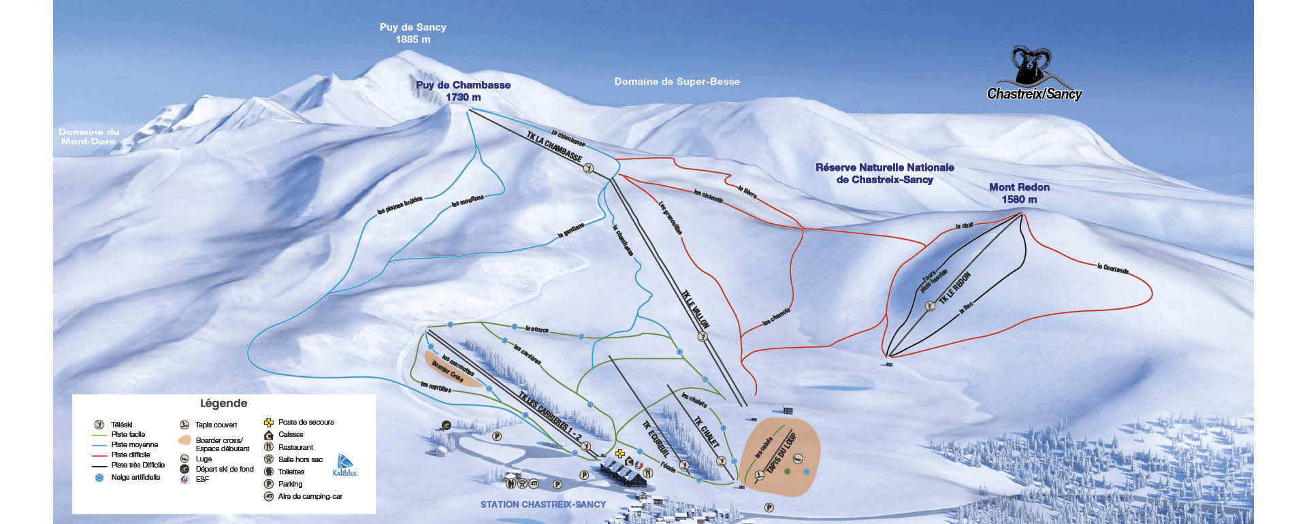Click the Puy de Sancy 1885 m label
(413, 33)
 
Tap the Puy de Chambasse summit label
(463, 91)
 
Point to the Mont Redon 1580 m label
(1019, 193)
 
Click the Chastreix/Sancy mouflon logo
(1033, 75)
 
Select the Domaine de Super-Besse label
(677, 82)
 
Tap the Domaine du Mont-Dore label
(88, 136)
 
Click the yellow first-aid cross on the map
(619, 453)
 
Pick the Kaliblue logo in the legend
(344, 465)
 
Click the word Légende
(223, 403)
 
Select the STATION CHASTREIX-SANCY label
(543, 504)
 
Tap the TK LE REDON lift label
(955, 288)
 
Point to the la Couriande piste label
(1112, 269)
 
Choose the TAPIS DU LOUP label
(781, 452)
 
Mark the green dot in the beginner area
(787, 471)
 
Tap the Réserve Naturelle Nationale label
(884, 173)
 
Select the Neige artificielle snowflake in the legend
(99, 478)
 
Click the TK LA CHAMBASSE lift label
(554, 147)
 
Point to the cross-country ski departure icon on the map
(445, 425)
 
